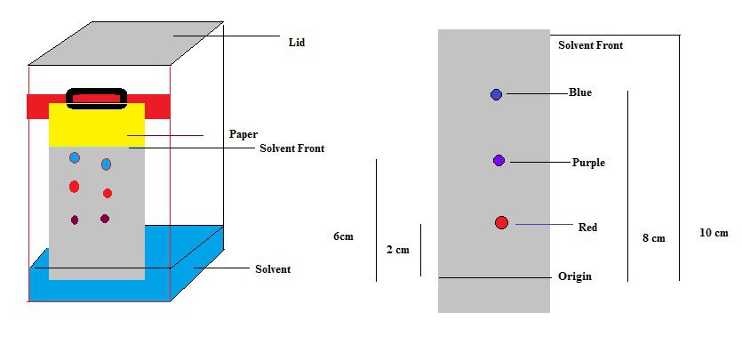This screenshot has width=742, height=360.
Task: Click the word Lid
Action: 297,42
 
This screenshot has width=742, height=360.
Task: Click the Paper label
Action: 243,134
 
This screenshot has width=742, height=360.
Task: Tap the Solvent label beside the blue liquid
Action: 273,268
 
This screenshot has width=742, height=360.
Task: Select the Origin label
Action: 574,276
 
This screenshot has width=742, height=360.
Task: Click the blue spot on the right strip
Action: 497,94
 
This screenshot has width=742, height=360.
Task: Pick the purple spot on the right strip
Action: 499,160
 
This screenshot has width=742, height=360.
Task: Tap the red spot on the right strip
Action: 501,222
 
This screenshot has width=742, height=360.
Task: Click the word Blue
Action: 579,92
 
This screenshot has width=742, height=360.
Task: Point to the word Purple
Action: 588,163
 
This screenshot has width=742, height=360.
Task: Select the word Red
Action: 587,228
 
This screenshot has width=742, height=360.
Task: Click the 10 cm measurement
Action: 714,233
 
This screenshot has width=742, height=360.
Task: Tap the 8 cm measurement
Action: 653,238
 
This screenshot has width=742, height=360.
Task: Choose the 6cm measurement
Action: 343,236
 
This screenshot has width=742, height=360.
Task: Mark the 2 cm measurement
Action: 397,250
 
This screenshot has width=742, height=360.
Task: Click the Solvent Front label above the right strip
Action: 590,44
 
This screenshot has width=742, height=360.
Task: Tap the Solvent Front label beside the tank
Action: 291,148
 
